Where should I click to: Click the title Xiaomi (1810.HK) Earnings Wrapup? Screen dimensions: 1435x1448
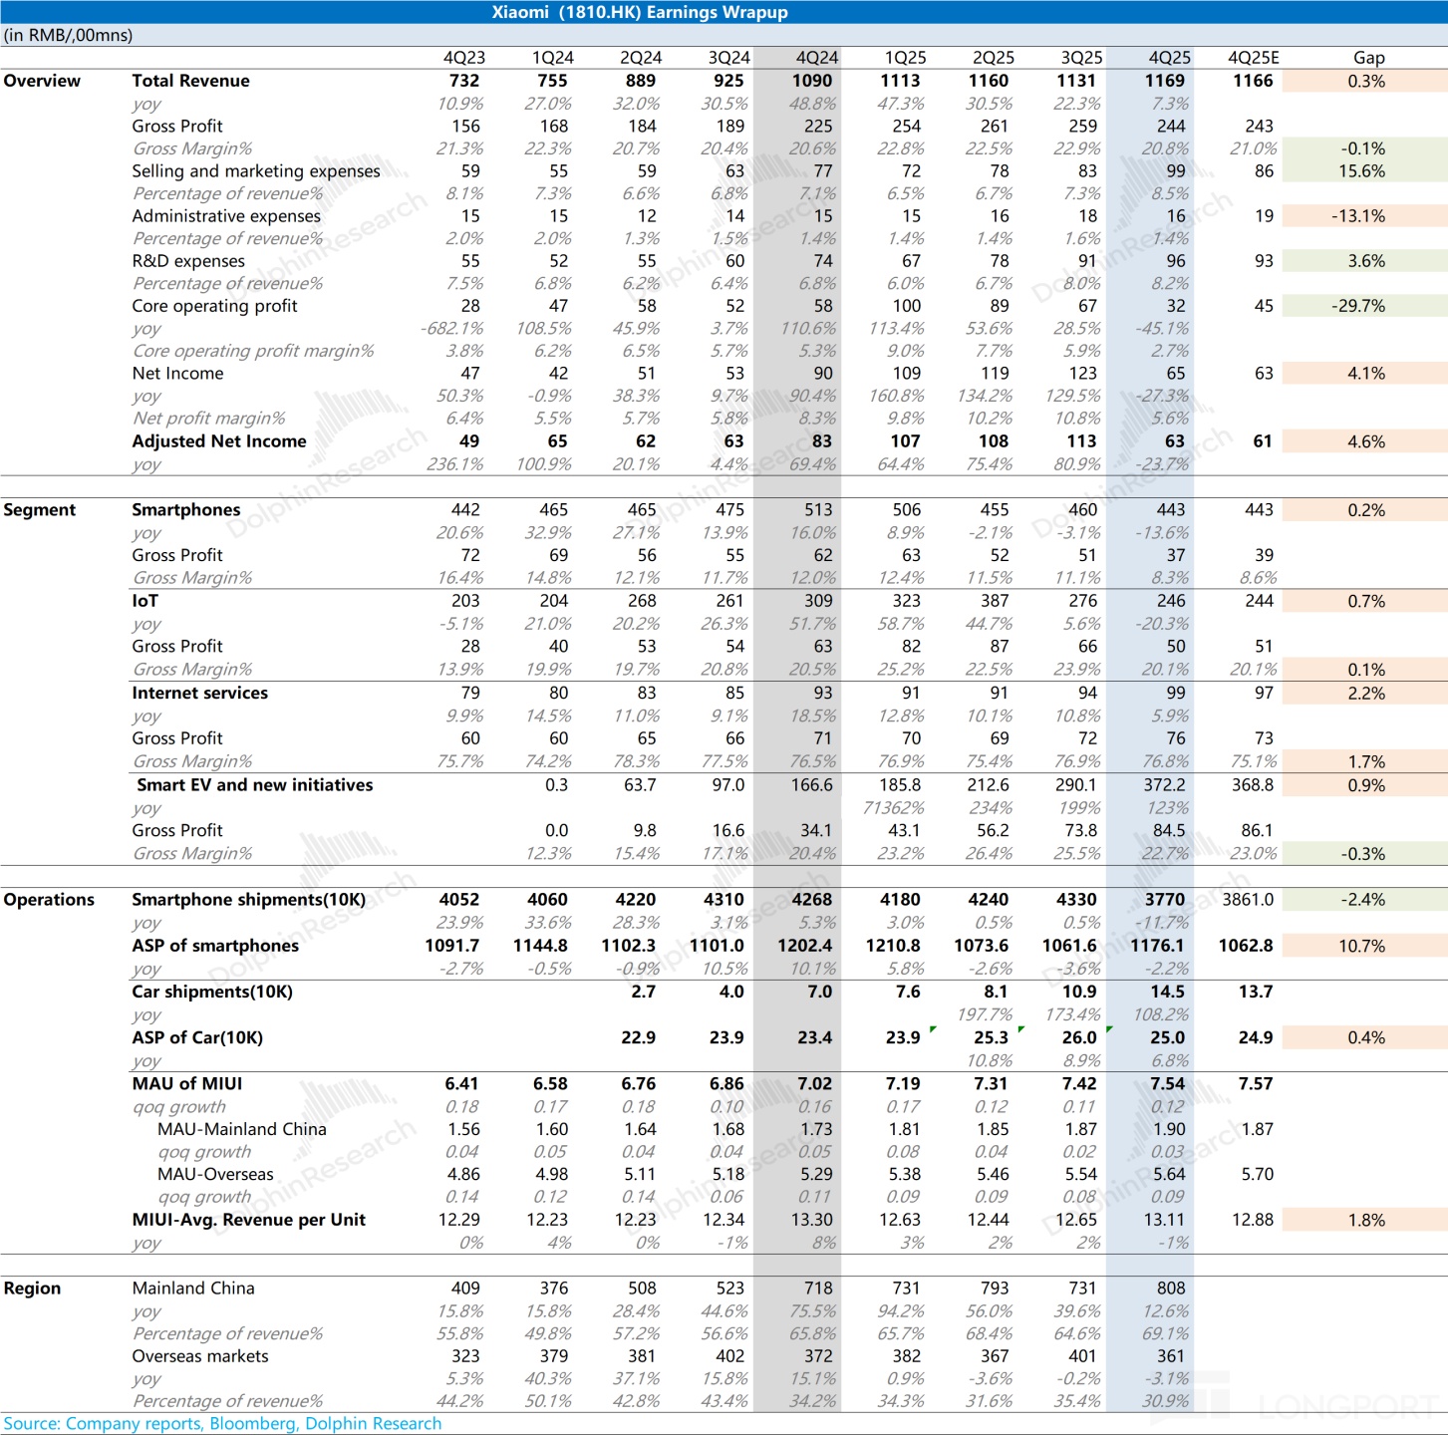tap(639, 12)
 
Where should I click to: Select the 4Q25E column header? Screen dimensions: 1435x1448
tap(1253, 58)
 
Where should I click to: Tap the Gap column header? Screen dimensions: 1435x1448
tap(1368, 58)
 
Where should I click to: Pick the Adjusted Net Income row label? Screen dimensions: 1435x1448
tap(219, 441)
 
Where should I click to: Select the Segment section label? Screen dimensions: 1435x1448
tap(40, 510)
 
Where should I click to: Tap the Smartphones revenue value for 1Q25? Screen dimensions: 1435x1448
tap(906, 510)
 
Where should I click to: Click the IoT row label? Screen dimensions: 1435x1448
tap(145, 601)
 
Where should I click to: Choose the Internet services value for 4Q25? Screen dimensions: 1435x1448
tap(1175, 693)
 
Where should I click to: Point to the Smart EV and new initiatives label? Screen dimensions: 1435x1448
tap(254, 785)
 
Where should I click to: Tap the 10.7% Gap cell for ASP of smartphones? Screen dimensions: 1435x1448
tap(1361, 946)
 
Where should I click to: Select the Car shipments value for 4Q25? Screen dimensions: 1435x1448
tap(1167, 992)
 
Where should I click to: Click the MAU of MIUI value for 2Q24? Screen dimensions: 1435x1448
tap(638, 1083)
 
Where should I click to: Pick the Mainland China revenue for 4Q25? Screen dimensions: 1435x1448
tap(1171, 1289)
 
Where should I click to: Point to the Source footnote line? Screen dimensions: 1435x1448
tap(222, 1423)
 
